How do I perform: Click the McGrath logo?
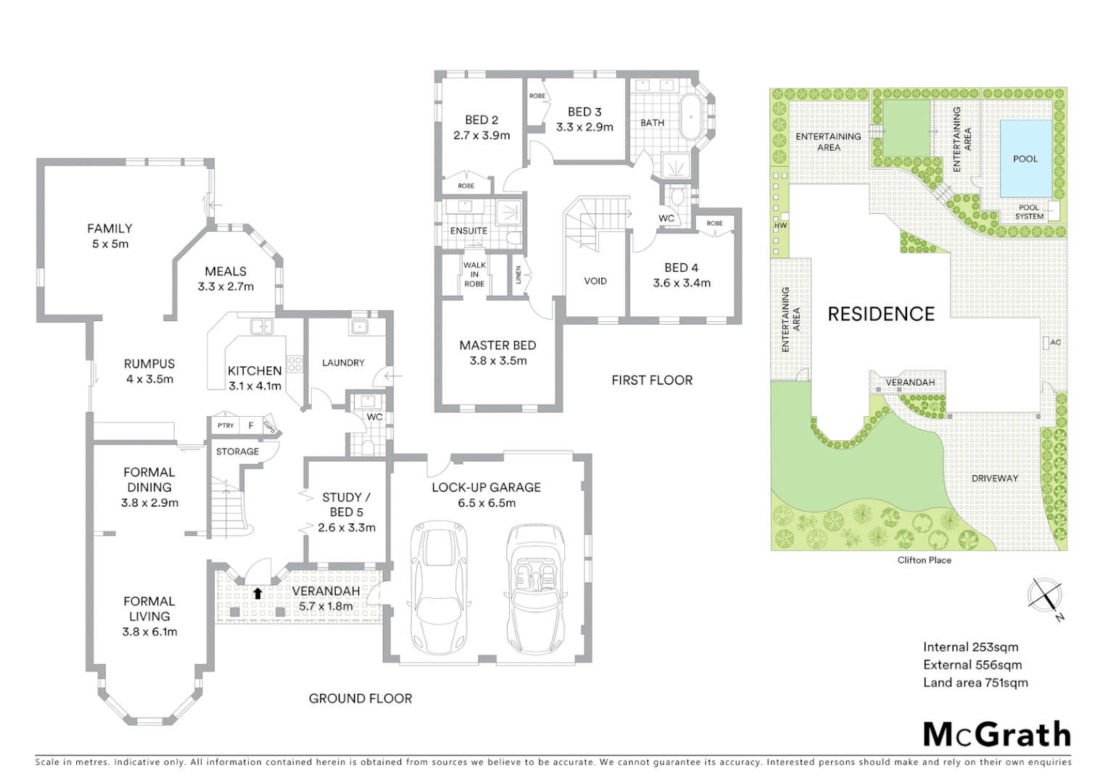pyautogui.click(x=997, y=734)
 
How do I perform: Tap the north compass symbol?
pyautogui.click(x=1044, y=596)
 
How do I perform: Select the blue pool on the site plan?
pyautogui.click(x=1025, y=158)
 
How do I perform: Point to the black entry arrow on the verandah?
pyautogui.click(x=257, y=593)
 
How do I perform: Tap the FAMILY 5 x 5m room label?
pyautogui.click(x=109, y=236)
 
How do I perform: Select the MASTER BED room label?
pyautogui.click(x=497, y=352)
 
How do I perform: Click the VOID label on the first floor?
pyautogui.click(x=595, y=281)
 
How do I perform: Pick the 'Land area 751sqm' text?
pyautogui.click(x=975, y=682)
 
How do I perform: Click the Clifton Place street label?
pyautogui.click(x=924, y=560)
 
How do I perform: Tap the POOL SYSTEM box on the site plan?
pyautogui.click(x=1029, y=212)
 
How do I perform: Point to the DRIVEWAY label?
pyautogui.click(x=995, y=478)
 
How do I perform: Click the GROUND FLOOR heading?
pyautogui.click(x=360, y=698)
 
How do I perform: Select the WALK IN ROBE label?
pyautogui.click(x=474, y=274)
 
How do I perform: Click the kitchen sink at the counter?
pyautogui.click(x=260, y=327)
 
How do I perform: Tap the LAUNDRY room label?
pyautogui.click(x=343, y=362)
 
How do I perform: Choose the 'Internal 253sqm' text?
pyautogui.click(x=970, y=647)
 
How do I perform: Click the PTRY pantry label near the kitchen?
pyautogui.click(x=226, y=426)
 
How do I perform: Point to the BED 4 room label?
pyautogui.click(x=681, y=275)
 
